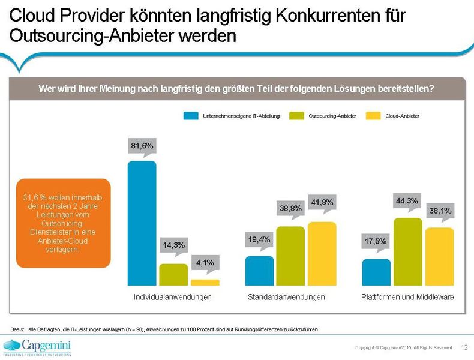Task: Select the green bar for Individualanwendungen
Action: (173, 274)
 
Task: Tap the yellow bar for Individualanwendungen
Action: (205, 282)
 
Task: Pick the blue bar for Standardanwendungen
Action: (259, 271)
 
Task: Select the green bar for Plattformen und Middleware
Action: (408, 251)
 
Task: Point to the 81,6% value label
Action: (142, 146)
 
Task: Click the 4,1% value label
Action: (205, 262)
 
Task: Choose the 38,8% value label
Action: (290, 209)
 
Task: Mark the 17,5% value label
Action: (376, 242)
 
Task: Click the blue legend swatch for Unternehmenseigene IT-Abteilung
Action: (191, 116)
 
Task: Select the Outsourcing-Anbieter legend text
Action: (332, 116)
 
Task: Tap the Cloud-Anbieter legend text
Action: (402, 116)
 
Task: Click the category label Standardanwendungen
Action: (287, 297)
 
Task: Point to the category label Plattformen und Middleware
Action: (407, 297)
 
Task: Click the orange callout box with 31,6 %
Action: (63, 223)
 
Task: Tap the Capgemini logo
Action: (37, 346)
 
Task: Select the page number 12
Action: (464, 347)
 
